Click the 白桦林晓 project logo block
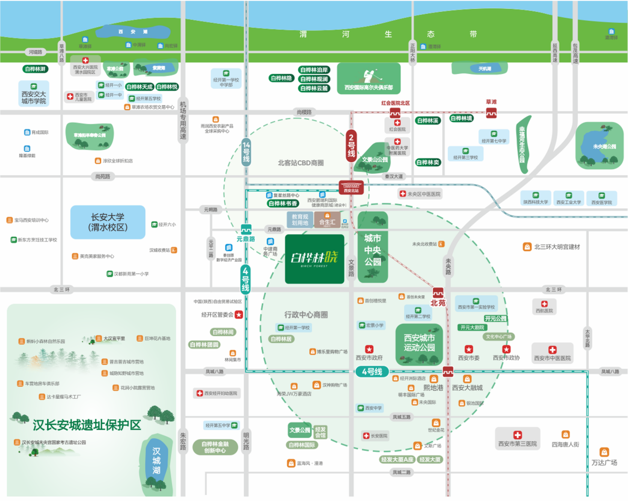[314, 259]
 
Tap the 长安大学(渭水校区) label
[108, 222]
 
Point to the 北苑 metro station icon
[438, 293]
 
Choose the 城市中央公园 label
[373, 250]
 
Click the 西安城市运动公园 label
[419, 343]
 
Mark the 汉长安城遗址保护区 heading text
[87, 425]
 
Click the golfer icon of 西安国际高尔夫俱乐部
[368, 75]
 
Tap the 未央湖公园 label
[604, 147]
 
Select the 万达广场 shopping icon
[604, 452]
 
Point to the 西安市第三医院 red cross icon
[517, 435]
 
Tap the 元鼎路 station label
[246, 239]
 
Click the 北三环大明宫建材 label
[557, 247]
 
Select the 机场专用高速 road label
[183, 120]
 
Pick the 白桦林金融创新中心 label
[215, 447]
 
